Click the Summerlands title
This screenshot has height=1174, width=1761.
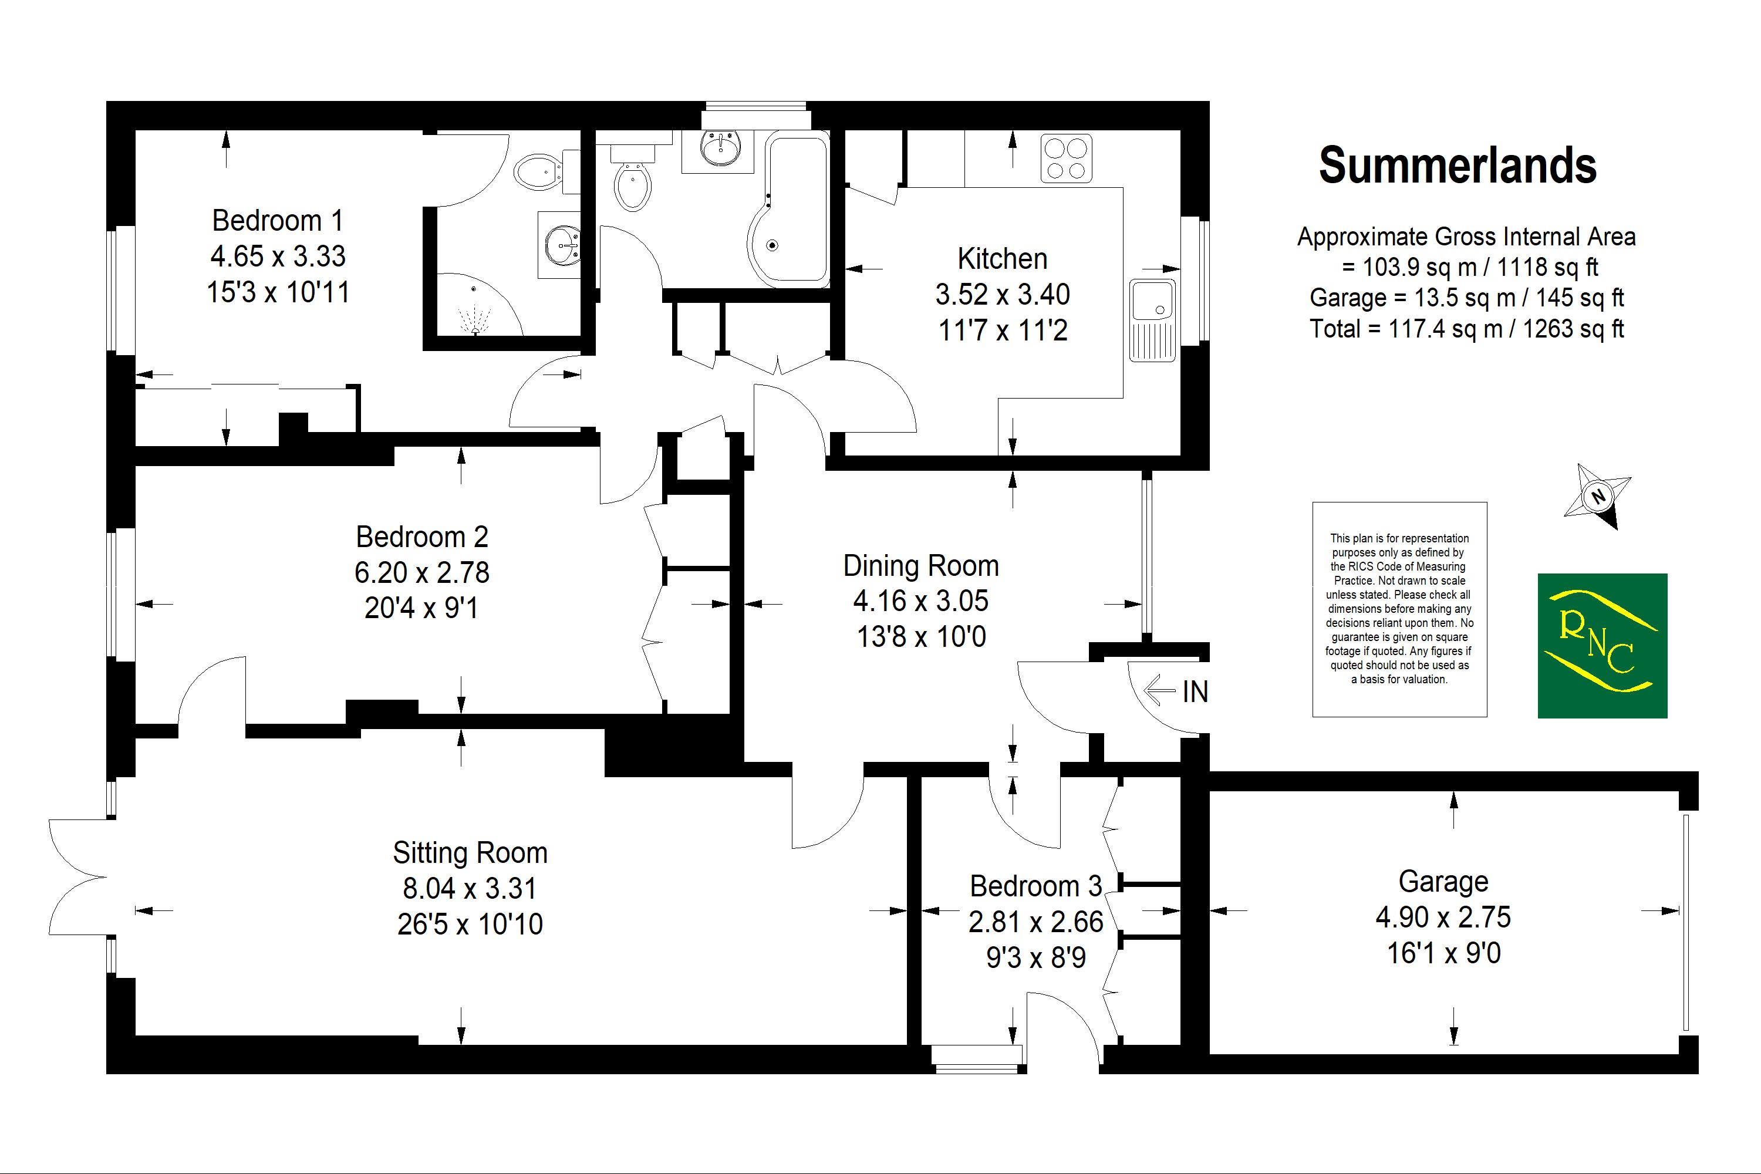1457,166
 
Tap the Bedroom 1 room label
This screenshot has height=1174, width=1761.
278,221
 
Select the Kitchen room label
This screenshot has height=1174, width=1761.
1002,259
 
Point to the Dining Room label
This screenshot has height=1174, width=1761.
921,566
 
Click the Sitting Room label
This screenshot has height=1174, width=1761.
470,853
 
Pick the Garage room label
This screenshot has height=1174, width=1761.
1443,882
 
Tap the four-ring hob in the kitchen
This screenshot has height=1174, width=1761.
1066,158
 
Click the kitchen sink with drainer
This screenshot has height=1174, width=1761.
1153,321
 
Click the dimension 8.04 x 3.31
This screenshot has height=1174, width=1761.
470,889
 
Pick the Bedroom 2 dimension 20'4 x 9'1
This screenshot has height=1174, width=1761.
421,608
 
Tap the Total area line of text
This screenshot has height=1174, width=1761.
1467,329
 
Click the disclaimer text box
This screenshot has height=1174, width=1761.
1399,609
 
